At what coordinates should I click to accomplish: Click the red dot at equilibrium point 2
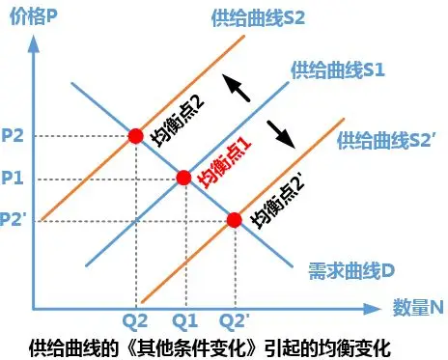(135, 136)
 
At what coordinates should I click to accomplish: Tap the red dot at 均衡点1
(183, 178)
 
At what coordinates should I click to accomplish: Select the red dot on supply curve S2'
(234, 220)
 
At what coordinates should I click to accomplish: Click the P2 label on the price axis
(14, 136)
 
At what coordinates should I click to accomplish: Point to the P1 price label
(14, 178)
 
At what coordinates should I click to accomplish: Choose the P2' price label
(15, 220)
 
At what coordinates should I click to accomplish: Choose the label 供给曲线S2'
(380, 140)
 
